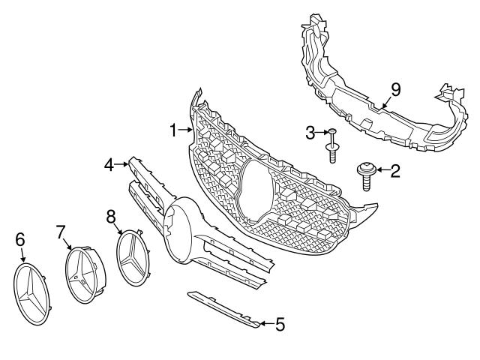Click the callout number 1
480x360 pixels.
tap(172, 130)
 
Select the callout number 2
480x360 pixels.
tap(394, 170)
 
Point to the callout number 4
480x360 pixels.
tap(108, 163)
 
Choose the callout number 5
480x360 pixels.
tap(279, 325)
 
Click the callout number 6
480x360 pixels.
tap(20, 239)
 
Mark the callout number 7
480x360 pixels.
tap(61, 232)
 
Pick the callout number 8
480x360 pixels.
tap(111, 217)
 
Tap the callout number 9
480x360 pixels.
tap(395, 89)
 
